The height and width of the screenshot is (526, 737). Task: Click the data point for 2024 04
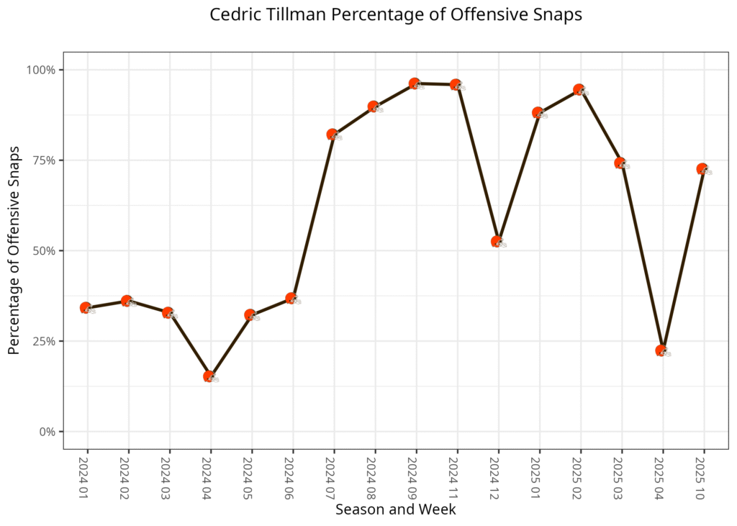[210, 376]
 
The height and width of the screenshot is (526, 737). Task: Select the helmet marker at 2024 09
[415, 83]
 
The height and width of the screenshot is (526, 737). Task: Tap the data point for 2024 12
[497, 242]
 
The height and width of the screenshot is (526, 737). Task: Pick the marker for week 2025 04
[662, 351]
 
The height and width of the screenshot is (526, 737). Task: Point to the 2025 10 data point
[703, 169]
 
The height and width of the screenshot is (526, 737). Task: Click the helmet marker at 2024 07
[333, 135]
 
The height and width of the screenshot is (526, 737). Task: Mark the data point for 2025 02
[579, 90]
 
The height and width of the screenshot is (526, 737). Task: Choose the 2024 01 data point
[86, 308]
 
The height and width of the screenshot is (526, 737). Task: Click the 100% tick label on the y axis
[42, 70]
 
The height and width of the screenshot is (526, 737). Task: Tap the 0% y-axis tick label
[48, 432]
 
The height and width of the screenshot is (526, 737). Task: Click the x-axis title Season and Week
[395, 509]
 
